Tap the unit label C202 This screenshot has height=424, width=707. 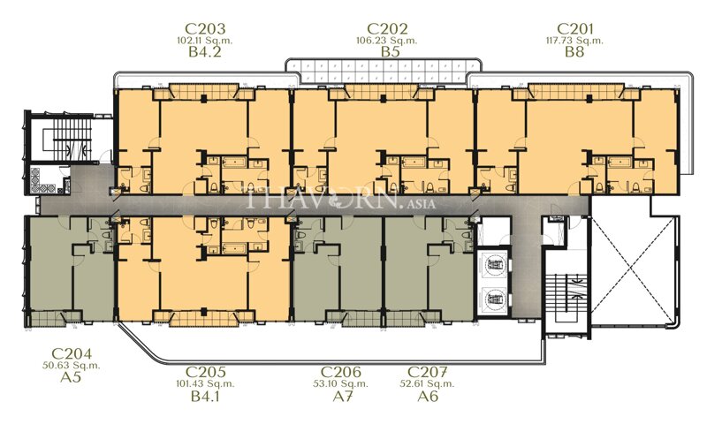[x=391, y=27]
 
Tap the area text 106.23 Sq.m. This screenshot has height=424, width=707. [x=391, y=40]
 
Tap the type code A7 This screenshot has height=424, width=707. [x=339, y=397]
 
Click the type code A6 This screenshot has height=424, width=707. [x=429, y=397]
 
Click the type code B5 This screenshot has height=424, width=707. [x=391, y=53]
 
